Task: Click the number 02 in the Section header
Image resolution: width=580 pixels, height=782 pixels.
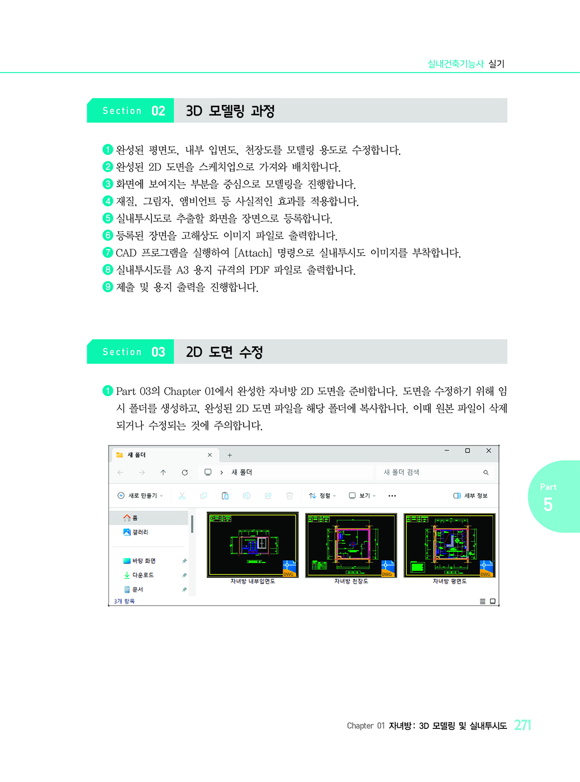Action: tap(158, 111)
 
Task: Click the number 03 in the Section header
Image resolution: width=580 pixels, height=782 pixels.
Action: tap(158, 352)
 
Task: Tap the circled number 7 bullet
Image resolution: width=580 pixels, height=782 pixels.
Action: tap(108, 252)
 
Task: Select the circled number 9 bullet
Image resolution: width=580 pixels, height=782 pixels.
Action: tap(108, 287)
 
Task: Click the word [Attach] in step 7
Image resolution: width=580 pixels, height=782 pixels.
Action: tap(253, 253)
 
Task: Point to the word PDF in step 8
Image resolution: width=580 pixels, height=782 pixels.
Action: tap(259, 270)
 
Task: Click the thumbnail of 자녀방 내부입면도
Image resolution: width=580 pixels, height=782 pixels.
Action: tap(253, 545)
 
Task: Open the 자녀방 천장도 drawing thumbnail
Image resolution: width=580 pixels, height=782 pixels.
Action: tap(351, 545)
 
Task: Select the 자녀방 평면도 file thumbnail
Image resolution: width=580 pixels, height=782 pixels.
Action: tap(449, 545)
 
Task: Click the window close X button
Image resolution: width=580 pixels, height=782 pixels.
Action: tap(488, 451)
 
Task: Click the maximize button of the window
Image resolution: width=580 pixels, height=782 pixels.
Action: tap(468, 451)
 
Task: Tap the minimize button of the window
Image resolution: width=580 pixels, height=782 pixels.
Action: tap(446, 451)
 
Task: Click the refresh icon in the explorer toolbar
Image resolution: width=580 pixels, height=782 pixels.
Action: tap(184, 473)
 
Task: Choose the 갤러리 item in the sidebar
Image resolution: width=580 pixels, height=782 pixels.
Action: tap(136, 532)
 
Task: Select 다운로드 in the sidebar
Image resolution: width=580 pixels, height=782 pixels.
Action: tap(139, 575)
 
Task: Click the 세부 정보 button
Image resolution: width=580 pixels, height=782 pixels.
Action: tap(470, 495)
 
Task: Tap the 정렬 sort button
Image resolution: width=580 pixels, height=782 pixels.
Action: tap(322, 495)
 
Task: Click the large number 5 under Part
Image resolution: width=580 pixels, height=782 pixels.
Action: tap(548, 504)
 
